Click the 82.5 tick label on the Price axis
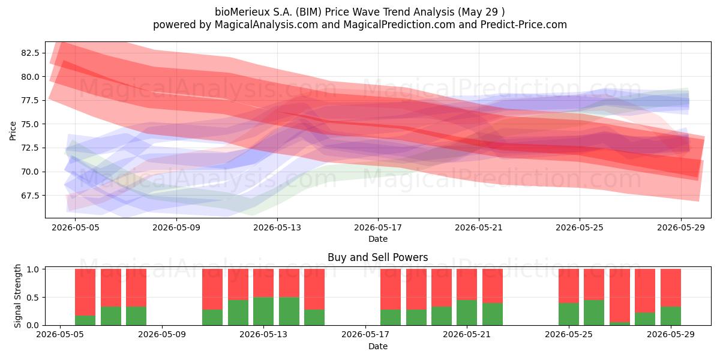30,53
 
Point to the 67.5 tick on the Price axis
30,196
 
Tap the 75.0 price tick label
30,124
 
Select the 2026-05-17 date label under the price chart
378,227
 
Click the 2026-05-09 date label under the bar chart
161,334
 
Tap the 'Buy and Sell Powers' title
377,257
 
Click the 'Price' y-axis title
13,131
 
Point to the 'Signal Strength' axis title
17,296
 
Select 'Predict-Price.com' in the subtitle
524,25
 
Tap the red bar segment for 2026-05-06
85,292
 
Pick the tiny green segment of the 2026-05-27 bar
620,323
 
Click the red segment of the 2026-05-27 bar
620,295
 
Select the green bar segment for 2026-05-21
467,313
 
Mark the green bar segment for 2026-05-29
671,316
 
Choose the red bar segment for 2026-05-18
391,289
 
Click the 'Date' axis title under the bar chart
378,346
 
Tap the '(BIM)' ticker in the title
308,12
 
